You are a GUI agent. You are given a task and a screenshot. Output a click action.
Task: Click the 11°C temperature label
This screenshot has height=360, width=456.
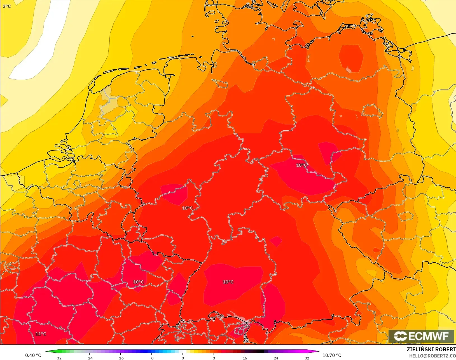[41, 334]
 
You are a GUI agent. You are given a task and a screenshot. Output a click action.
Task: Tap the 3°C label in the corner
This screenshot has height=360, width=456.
[7, 6]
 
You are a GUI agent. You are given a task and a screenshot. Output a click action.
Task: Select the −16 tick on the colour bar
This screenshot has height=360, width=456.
[120, 358]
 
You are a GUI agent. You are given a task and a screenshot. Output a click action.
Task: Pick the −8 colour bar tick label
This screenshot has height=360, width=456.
[151, 358]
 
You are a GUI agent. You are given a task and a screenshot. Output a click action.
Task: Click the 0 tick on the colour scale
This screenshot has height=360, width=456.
[183, 358]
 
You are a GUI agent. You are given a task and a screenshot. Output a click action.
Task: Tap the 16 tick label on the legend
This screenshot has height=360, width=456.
[245, 358]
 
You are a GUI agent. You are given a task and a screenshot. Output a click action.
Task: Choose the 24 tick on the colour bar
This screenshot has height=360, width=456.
[276, 358]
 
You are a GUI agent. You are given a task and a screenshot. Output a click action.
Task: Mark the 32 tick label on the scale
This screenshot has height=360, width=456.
[307, 358]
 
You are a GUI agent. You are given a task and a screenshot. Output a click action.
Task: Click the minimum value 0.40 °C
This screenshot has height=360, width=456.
[33, 355]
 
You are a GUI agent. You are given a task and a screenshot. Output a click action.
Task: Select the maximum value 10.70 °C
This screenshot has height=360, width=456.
[332, 355]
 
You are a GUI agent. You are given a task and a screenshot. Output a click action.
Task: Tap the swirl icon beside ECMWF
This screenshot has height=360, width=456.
[400, 336]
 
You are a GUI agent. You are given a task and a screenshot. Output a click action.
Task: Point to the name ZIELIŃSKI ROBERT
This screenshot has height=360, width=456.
[431, 349]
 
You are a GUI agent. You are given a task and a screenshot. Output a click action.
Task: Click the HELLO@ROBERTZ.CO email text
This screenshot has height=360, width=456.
[432, 356]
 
